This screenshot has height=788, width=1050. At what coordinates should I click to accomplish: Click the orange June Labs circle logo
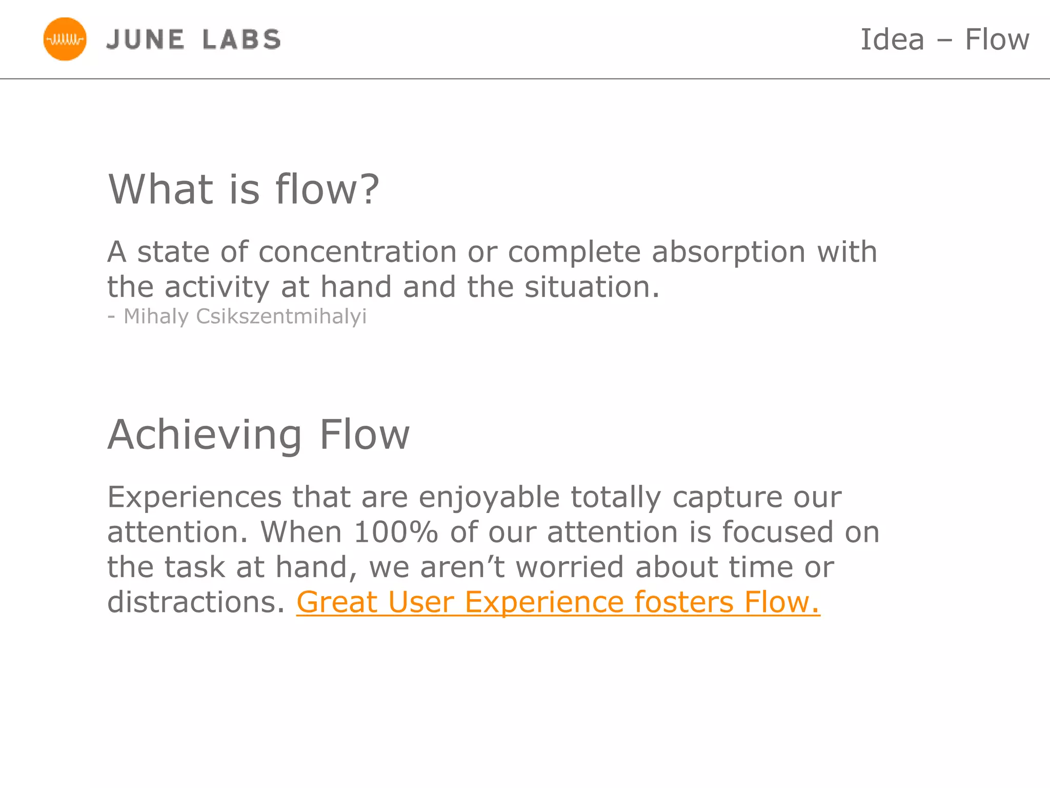pyautogui.click(x=65, y=39)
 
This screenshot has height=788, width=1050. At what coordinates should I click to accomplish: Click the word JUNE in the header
pyautogui.click(x=145, y=40)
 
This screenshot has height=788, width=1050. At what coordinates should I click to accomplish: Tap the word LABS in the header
pyautogui.click(x=241, y=40)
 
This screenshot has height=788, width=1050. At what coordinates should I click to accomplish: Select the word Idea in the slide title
pyautogui.click(x=892, y=40)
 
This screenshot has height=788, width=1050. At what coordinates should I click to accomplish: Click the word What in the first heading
pyautogui.click(x=160, y=189)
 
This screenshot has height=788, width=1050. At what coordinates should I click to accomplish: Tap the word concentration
pyautogui.click(x=357, y=252)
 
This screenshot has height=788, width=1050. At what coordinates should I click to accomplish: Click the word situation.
pyautogui.click(x=591, y=287)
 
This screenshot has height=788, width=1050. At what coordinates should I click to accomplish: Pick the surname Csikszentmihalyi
pyautogui.click(x=281, y=317)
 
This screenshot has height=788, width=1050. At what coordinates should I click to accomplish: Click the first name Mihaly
pyautogui.click(x=156, y=317)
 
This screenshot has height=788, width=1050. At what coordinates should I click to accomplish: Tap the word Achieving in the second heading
pyautogui.click(x=205, y=435)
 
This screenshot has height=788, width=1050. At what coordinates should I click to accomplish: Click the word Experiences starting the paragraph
pyautogui.click(x=194, y=497)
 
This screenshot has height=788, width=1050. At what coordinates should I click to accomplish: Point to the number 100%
pyautogui.click(x=396, y=532)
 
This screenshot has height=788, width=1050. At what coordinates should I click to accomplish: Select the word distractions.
pyautogui.click(x=195, y=602)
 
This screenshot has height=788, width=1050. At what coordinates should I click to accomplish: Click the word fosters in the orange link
pyautogui.click(x=684, y=602)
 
